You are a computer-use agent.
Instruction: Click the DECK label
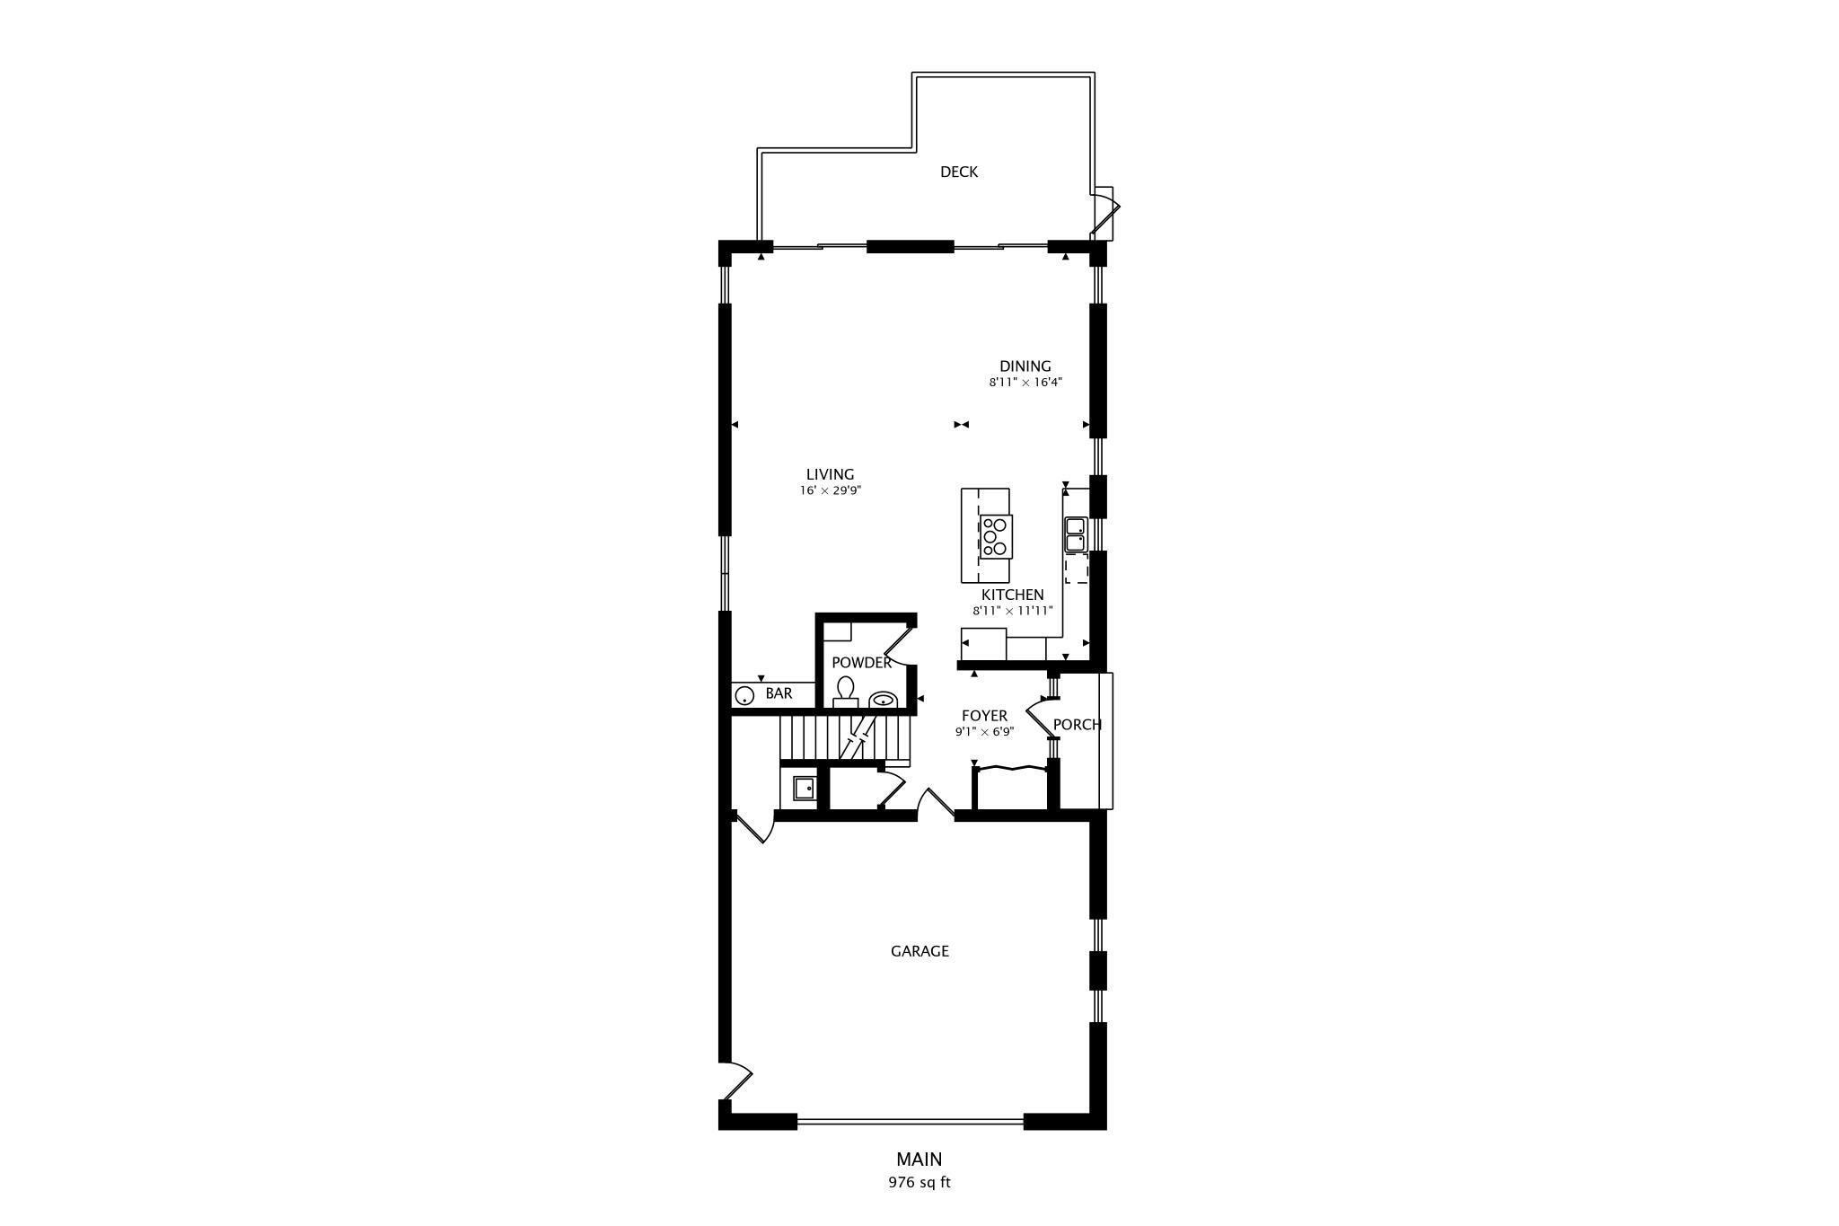958,172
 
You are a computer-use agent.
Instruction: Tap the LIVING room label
830,474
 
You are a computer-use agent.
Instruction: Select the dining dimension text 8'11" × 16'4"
1025,382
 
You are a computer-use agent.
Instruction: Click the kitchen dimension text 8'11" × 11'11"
1012,611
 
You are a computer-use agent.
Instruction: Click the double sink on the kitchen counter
1075,534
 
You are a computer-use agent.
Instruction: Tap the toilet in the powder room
845,692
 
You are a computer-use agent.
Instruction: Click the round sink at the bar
744,695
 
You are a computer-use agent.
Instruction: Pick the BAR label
779,693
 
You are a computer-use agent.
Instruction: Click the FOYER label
984,716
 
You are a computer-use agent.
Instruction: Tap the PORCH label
1077,724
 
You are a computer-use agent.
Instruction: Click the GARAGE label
919,950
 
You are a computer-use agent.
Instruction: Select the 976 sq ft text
919,1182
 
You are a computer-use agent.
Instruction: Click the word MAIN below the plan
919,1160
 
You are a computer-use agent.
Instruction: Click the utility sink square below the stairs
804,789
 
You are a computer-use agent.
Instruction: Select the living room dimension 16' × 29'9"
830,490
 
